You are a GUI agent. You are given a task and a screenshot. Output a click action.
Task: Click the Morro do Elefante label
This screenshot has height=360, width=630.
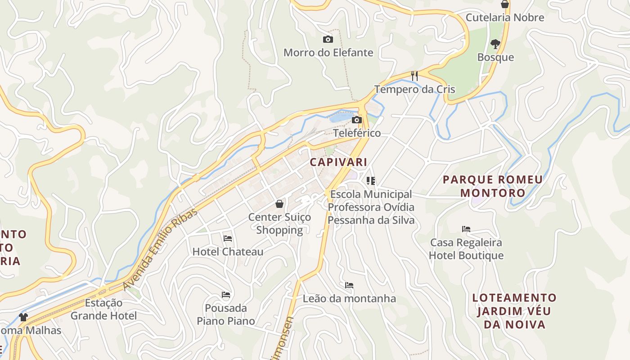click(x=328, y=53)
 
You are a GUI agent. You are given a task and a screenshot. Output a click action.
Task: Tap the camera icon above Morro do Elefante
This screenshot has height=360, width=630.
click(x=328, y=40)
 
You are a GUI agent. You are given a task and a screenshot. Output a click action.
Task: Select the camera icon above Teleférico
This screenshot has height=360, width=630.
click(x=357, y=120)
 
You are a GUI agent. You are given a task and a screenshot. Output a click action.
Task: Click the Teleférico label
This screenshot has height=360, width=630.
click(x=357, y=133)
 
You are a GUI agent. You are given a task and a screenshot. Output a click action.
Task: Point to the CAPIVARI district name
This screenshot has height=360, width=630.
click(x=338, y=162)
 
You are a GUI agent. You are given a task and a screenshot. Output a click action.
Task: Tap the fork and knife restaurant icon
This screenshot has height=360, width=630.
click(x=414, y=76)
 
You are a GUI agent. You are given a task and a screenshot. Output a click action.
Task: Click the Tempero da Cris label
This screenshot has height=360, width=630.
click(x=414, y=89)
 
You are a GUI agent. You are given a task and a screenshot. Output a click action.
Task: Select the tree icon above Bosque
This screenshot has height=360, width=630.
click(x=495, y=44)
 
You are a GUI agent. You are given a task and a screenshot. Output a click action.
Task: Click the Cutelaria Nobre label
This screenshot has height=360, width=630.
click(x=504, y=18)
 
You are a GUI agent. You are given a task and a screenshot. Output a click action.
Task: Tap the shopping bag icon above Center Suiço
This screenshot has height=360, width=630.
click(x=279, y=204)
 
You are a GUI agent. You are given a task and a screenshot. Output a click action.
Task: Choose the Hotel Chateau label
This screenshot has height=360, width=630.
click(x=228, y=252)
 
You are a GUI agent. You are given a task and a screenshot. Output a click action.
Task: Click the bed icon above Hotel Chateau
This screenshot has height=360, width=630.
click(x=228, y=238)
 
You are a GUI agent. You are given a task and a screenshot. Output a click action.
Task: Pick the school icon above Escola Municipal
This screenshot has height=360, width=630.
click(x=371, y=181)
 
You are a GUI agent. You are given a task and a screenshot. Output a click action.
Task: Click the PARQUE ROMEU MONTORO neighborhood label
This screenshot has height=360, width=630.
click(x=493, y=186)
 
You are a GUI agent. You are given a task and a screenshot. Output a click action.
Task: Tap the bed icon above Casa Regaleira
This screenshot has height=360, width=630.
click(x=466, y=229)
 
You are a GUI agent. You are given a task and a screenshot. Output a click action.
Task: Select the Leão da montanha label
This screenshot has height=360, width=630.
click(x=349, y=298)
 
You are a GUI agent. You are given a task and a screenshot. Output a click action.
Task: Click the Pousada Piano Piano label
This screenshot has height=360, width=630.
click(x=226, y=315)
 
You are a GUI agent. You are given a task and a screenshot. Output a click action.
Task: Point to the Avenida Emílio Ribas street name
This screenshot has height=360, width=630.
click(x=160, y=248)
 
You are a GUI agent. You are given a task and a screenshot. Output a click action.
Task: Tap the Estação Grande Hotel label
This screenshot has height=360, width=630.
click(x=103, y=309)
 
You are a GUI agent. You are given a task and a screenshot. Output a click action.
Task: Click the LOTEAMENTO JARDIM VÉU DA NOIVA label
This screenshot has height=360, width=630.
click(x=514, y=311)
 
